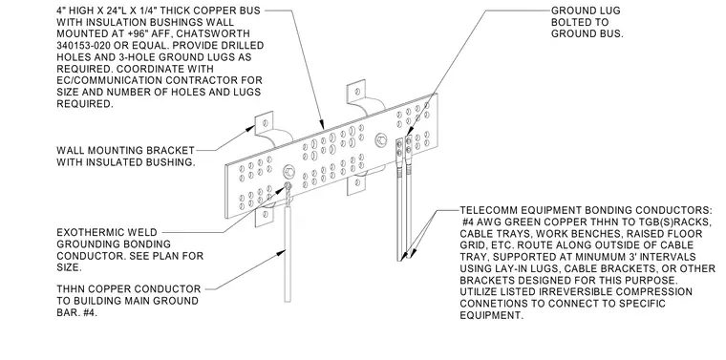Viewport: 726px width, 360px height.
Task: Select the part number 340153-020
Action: pos(86,45)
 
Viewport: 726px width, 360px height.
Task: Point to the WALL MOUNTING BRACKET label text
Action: pos(125,150)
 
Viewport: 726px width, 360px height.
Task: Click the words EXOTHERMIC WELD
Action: pos(107,232)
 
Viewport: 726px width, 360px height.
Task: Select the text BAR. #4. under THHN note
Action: pos(77,312)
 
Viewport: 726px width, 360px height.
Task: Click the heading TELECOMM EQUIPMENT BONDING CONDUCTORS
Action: pos(586,210)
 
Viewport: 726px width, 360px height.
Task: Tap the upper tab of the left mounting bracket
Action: pos(265,123)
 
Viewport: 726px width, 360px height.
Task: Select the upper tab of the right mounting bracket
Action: pos(357,92)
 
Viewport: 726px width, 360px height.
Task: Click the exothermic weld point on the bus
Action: pos(288,186)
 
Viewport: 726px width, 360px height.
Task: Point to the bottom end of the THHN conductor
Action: pos(288,301)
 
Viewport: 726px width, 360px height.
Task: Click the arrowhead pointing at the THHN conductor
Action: pos(282,252)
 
